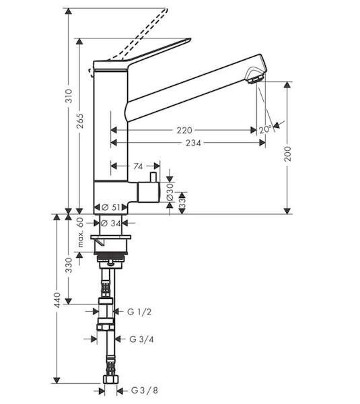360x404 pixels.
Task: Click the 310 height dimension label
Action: pyautogui.click(x=69, y=96)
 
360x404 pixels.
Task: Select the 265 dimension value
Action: pyautogui.click(x=80, y=121)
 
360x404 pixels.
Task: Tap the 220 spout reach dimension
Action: pyautogui.click(x=184, y=131)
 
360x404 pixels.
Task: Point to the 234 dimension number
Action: pyautogui.click(x=193, y=143)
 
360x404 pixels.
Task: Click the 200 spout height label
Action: pyautogui.click(x=287, y=154)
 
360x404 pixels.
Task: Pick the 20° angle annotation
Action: pyautogui.click(x=265, y=129)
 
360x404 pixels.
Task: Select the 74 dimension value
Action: pyautogui.click(x=138, y=167)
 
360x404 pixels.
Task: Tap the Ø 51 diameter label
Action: pyautogui.click(x=111, y=207)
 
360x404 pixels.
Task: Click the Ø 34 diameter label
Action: pyautogui.click(x=111, y=224)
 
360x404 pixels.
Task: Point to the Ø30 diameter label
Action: pyautogui.click(x=170, y=192)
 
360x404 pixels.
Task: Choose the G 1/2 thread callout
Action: pyautogui.click(x=139, y=312)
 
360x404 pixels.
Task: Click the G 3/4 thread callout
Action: pyautogui.click(x=141, y=339)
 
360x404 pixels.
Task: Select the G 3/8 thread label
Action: pyautogui.click(x=145, y=391)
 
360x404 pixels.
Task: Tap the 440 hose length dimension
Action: pyautogui.click(x=57, y=300)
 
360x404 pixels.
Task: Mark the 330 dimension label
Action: pyautogui.click(x=69, y=265)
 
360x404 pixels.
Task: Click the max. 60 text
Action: pyautogui.click(x=81, y=232)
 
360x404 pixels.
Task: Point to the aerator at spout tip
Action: pyautogui.click(x=256, y=79)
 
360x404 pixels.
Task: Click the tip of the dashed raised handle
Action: pyautogui.click(x=167, y=9)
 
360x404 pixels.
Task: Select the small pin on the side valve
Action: pyautogui.click(x=153, y=177)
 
